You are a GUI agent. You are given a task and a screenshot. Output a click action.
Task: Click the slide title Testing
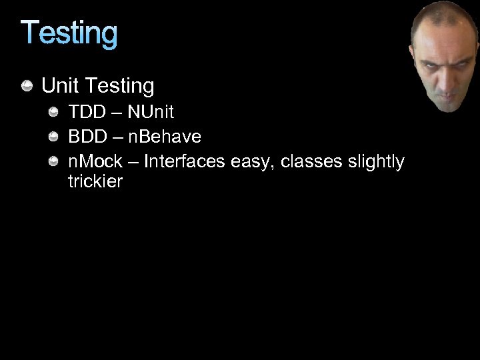69,34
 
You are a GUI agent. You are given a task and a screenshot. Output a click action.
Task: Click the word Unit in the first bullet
59,86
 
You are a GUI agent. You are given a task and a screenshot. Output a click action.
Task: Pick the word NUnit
151,112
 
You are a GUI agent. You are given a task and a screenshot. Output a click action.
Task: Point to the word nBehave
165,137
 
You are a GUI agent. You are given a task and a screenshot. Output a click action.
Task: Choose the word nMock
95,161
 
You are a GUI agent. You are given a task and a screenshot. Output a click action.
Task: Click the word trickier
95,181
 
